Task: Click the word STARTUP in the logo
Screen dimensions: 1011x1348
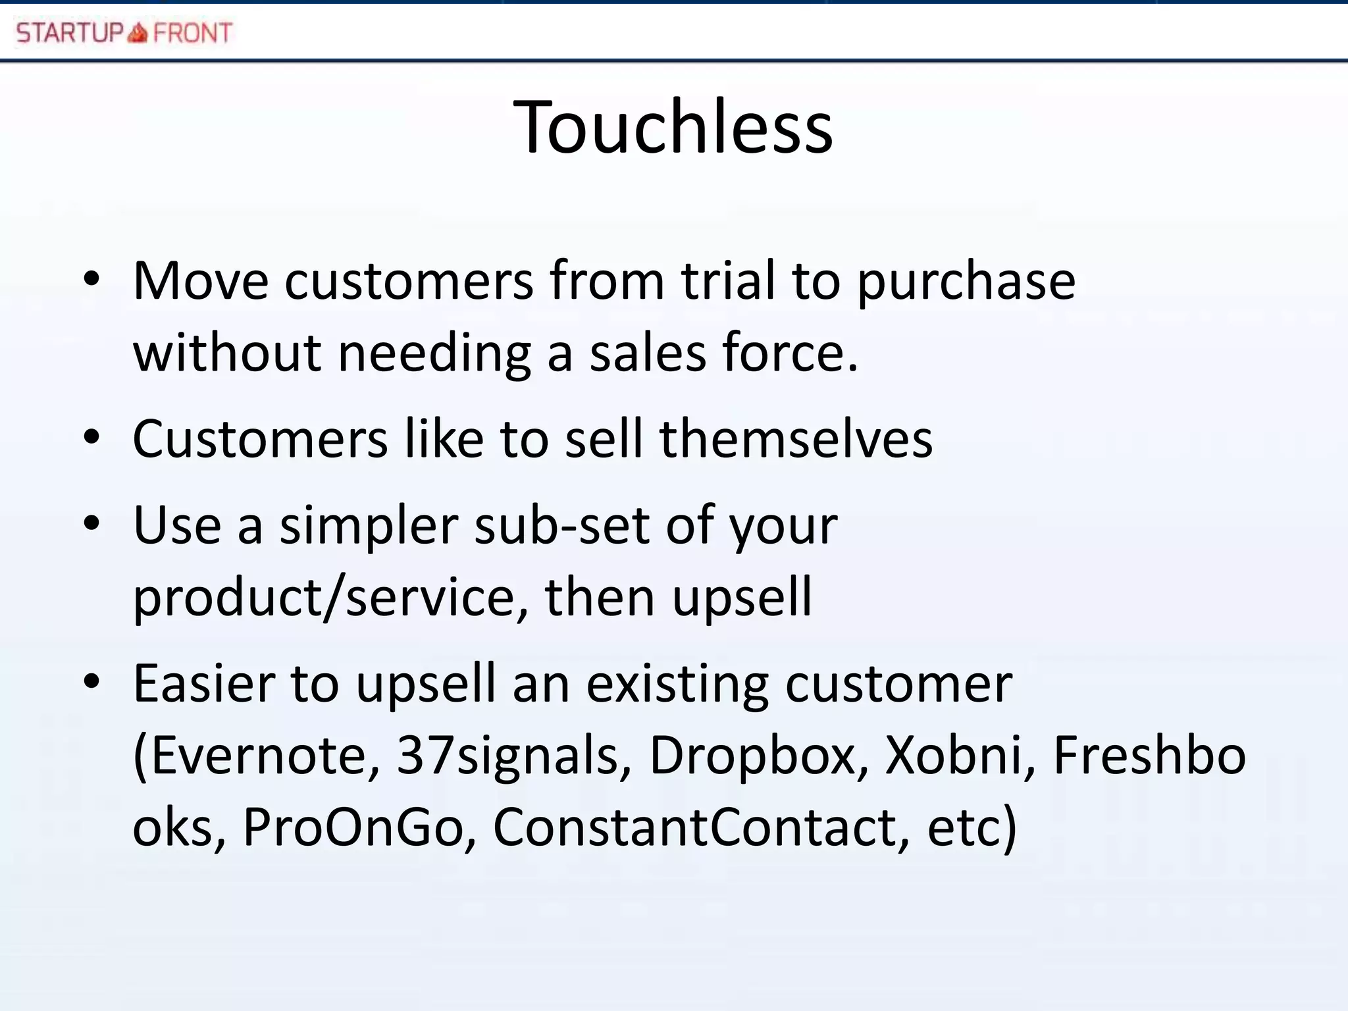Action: click(x=70, y=32)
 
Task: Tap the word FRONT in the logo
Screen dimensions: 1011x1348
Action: click(x=192, y=32)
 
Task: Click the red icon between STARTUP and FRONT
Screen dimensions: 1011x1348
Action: click(x=138, y=32)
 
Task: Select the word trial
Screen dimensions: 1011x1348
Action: click(x=728, y=281)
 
